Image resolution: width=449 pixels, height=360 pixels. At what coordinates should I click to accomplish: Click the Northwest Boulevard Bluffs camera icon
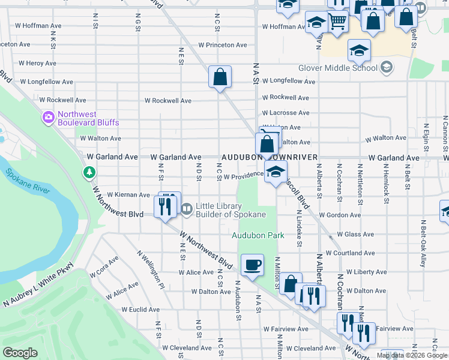(x=48, y=118)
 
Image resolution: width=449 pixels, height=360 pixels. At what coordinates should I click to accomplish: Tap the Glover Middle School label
(x=337, y=68)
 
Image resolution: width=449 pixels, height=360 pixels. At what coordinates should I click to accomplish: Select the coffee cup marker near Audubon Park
(x=252, y=264)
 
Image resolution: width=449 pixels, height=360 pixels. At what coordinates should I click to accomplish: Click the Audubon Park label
(x=258, y=235)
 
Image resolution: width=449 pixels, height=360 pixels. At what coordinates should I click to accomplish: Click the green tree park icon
(x=89, y=173)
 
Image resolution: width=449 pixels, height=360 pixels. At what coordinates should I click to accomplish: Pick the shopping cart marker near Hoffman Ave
(x=338, y=22)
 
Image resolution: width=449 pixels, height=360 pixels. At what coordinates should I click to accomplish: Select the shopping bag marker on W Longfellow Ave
(x=220, y=76)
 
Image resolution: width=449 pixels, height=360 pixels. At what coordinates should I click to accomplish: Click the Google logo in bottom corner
(x=20, y=353)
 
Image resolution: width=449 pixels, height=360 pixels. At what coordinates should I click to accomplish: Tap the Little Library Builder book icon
(x=186, y=209)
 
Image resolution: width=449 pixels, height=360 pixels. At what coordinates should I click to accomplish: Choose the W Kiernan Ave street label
(x=128, y=195)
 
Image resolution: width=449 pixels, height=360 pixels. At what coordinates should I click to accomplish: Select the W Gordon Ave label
(x=338, y=215)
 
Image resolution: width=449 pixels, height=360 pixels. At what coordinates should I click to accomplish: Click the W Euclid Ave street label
(x=140, y=310)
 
